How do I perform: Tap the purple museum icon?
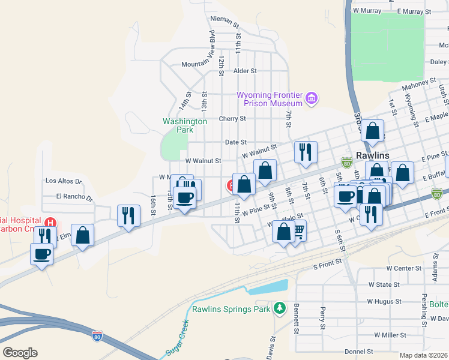311,97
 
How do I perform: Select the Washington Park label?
185,125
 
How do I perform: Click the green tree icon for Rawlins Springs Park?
279,308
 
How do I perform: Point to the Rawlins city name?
372,155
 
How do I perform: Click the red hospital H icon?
51,223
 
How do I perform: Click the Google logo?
20,353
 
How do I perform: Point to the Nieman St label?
225,19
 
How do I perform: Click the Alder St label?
245,71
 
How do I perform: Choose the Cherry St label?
232,119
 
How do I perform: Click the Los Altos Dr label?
63,181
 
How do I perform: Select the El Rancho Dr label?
74,196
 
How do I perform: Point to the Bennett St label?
297,319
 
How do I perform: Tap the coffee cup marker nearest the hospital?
41,254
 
